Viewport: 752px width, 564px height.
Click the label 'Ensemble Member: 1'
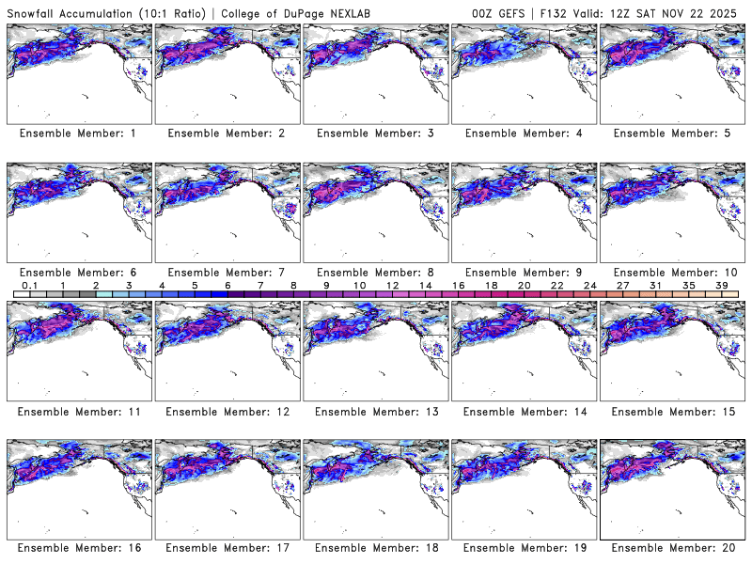click(x=78, y=133)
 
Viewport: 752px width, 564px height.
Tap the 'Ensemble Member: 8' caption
click(x=374, y=272)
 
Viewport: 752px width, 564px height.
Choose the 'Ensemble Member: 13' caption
click(x=374, y=411)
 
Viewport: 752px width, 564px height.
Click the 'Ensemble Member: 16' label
click(x=78, y=547)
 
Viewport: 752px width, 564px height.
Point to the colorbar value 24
click(x=590, y=285)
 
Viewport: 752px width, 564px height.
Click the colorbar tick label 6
click(x=227, y=285)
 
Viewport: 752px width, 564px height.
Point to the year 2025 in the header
click(x=728, y=11)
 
